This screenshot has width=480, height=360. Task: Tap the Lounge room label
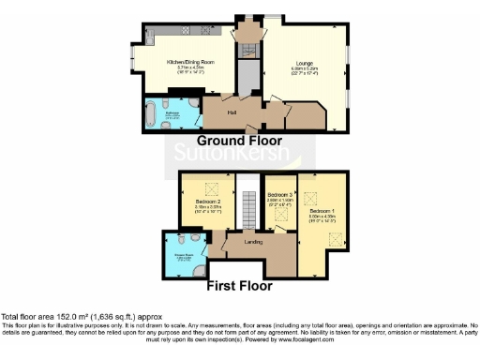(x=304, y=63)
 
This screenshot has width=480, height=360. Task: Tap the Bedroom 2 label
(x=208, y=202)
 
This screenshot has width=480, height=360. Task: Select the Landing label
(x=253, y=242)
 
